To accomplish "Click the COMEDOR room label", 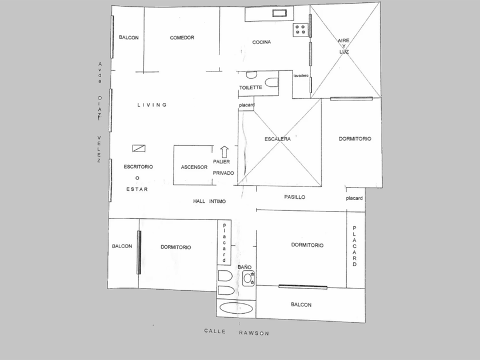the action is [x=182, y=38].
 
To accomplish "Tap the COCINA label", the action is [x=262, y=42].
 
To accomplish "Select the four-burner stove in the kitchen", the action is [x=300, y=30].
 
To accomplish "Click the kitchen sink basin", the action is [x=279, y=13].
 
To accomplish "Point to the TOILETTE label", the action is [x=250, y=87].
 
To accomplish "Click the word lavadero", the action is [x=301, y=75].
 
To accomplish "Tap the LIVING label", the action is [x=152, y=105].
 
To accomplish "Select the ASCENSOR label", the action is [x=194, y=167].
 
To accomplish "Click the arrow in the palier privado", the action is [x=225, y=151].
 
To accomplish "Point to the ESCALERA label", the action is [x=277, y=139].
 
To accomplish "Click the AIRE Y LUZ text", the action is [x=344, y=46].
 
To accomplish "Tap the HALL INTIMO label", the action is [x=209, y=201].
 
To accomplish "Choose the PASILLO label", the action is [x=294, y=197].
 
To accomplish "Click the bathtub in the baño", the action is [x=236, y=308].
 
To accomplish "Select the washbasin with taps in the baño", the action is [x=248, y=278].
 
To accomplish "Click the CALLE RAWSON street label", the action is [x=237, y=332].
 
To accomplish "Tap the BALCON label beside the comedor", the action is [x=129, y=38].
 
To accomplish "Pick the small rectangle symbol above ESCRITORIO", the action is [x=139, y=149].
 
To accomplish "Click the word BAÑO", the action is [x=245, y=267].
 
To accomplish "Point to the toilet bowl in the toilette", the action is [x=271, y=82].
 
